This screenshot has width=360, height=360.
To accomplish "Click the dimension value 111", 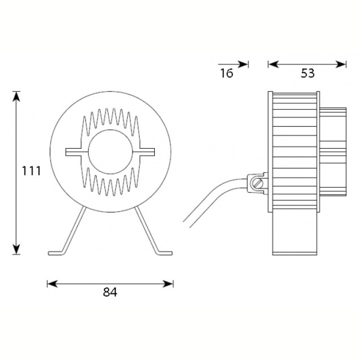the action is click(31, 171).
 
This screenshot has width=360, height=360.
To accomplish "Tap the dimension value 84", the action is click(110, 292).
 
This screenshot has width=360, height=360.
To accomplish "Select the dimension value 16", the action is click(227, 73).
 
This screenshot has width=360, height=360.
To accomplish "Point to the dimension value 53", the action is click(307, 73).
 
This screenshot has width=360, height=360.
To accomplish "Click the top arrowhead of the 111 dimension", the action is click(16, 96).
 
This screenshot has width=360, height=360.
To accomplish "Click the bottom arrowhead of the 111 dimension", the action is click(16, 250).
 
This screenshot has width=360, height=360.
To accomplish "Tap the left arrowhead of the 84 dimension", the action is click(52, 284).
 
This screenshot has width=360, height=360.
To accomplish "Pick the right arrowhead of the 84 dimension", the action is click(168, 284).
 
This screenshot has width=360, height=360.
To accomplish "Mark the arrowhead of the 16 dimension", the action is click(243, 65).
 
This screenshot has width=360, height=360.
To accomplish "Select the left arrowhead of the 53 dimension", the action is click(273, 65).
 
